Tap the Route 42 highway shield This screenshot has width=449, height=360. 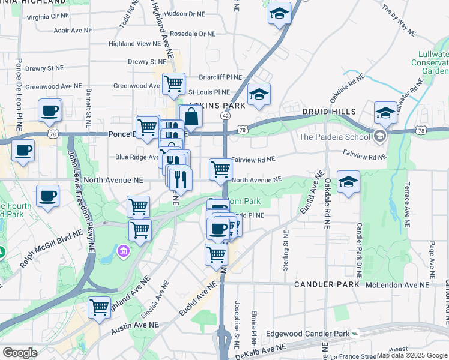225,115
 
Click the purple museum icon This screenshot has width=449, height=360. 124,250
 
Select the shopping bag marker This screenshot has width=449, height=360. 190,116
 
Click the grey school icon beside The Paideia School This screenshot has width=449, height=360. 379,136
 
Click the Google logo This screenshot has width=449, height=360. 20,352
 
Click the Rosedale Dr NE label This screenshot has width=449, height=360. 192,34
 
